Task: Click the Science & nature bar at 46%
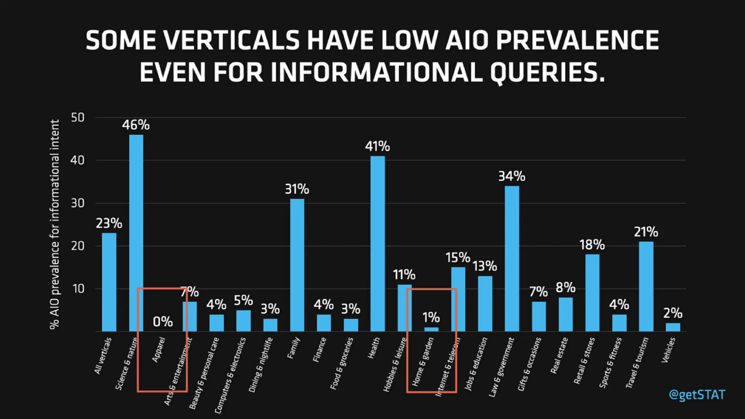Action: [136, 233]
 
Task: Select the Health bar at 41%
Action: [377, 244]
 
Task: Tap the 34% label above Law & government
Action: [511, 176]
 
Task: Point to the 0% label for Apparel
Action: [163, 322]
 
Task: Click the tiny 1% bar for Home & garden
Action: [431, 329]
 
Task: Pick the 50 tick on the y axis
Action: [77, 117]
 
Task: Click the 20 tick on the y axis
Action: [77, 246]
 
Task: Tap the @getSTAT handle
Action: [697, 395]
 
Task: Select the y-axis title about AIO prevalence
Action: [55, 224]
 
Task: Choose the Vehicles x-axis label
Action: [668, 350]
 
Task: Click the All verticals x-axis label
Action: [103, 356]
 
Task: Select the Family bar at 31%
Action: [297, 265]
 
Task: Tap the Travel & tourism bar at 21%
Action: [646, 286]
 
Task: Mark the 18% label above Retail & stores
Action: [592, 245]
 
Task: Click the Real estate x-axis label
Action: [559, 355]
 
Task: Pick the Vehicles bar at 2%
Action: [673, 327]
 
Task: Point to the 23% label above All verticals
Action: [109, 223]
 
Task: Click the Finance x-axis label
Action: [320, 350]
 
